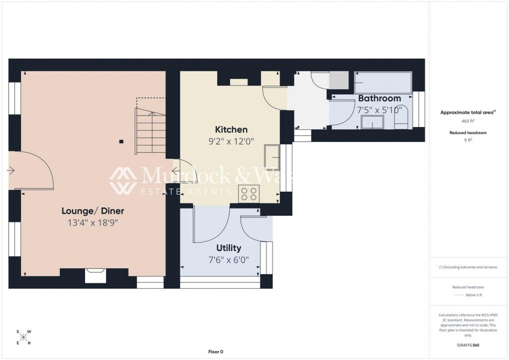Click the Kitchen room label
point(231,130)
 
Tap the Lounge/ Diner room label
point(93,211)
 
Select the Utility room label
point(228,248)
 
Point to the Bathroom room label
point(379,98)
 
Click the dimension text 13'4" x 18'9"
point(93,223)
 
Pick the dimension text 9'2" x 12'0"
point(231,142)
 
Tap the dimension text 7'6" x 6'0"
point(228,260)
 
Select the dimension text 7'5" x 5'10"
point(379,110)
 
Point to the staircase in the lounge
point(151,126)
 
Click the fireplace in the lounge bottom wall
point(95,275)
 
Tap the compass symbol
point(23,337)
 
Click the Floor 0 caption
point(215,352)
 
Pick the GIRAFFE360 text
point(468,346)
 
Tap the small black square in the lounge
point(122,142)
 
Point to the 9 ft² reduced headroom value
point(469,140)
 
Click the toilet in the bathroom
point(402,117)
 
